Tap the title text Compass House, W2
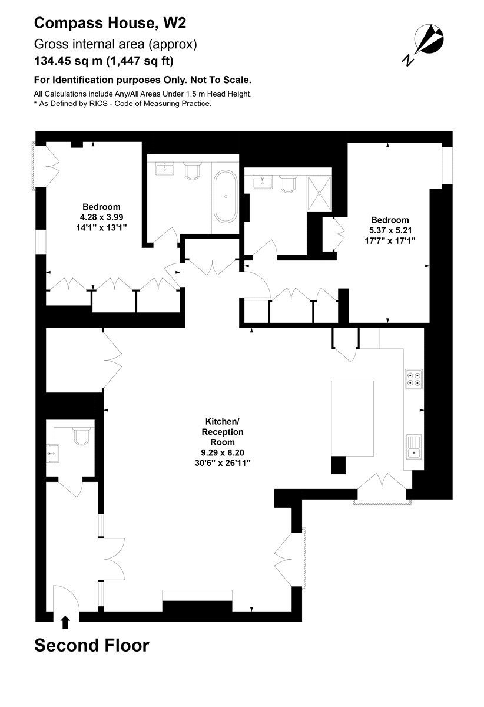(110, 24)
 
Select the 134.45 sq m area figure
(68, 61)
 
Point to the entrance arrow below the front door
(65, 623)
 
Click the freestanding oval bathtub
(226, 197)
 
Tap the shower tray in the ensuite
(320, 193)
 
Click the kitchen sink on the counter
(414, 448)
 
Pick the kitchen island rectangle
(353, 418)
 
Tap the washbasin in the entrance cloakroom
(52, 454)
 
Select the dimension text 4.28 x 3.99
(101, 217)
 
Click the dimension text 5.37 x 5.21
(390, 230)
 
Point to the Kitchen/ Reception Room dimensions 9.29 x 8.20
(223, 452)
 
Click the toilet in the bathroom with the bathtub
(193, 171)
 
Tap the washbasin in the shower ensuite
(262, 183)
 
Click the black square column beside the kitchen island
(338, 465)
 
